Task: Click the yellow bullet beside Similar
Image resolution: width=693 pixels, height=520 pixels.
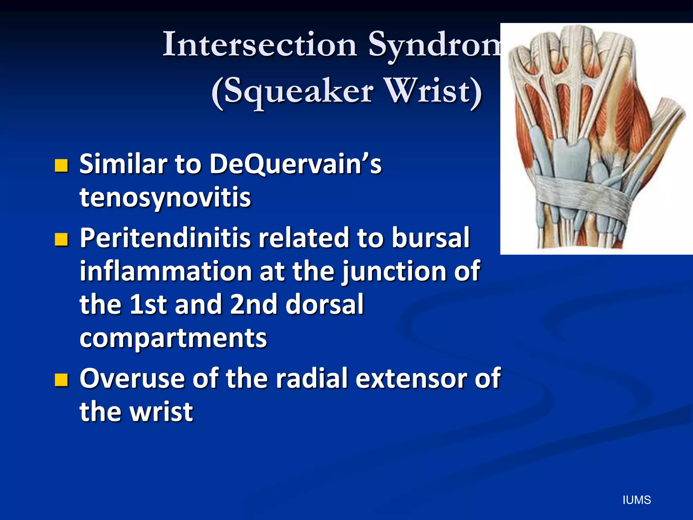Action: point(61,166)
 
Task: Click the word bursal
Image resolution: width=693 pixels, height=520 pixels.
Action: point(430,238)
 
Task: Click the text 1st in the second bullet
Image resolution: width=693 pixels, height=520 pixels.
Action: point(149,304)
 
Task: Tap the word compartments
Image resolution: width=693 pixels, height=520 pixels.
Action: point(173,338)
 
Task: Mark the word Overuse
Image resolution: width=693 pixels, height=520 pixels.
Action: point(132,378)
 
